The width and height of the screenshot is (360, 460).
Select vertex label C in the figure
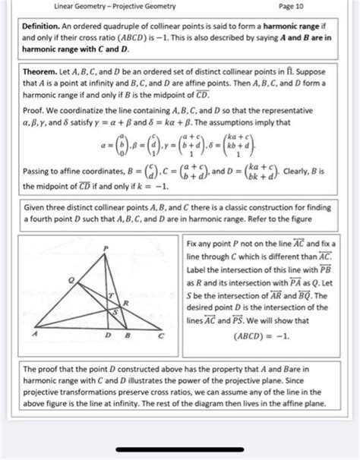pos(160,334)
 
